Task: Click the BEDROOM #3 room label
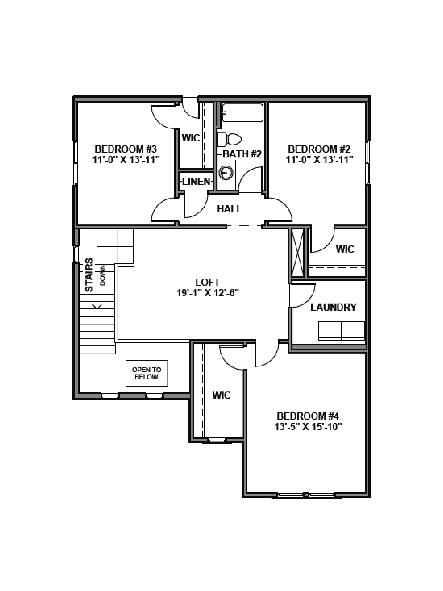(x=125, y=149)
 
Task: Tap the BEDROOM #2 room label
(x=319, y=149)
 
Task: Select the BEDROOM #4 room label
(x=308, y=416)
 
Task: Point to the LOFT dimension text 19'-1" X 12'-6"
(x=208, y=293)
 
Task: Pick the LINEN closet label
(x=196, y=182)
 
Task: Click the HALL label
(x=229, y=209)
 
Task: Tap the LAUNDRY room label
(x=333, y=307)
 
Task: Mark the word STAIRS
(x=89, y=275)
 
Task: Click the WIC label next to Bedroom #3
(x=191, y=138)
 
